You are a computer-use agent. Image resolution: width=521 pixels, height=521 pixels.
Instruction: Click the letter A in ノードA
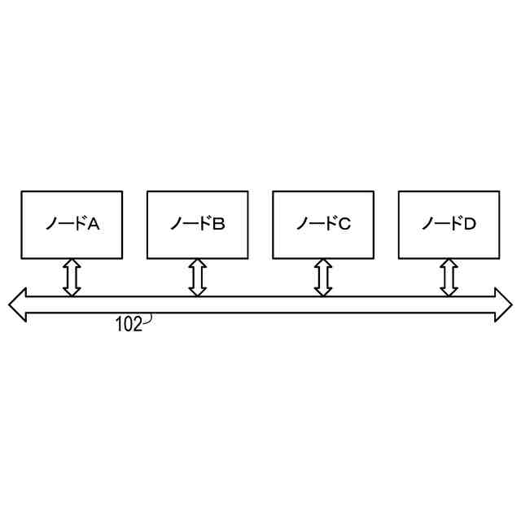click(x=94, y=224)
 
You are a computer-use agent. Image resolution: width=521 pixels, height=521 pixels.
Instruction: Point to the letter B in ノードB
click(x=219, y=224)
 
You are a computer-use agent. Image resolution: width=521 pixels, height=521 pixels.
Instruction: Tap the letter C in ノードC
click(x=345, y=224)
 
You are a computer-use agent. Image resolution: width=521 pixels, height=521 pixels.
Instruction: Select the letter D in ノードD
click(x=471, y=224)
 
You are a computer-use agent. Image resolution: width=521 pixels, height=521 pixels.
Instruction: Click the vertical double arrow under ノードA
click(x=72, y=277)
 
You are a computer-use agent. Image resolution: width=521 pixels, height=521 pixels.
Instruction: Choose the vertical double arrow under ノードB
click(x=197, y=277)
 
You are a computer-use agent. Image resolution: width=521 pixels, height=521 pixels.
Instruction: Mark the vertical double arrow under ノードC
click(x=323, y=277)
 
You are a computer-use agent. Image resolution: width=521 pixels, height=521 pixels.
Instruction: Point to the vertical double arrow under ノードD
click(x=449, y=277)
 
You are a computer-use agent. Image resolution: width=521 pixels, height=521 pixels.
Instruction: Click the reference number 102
click(x=129, y=326)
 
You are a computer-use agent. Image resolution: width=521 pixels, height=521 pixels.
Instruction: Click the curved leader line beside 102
click(x=148, y=322)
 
